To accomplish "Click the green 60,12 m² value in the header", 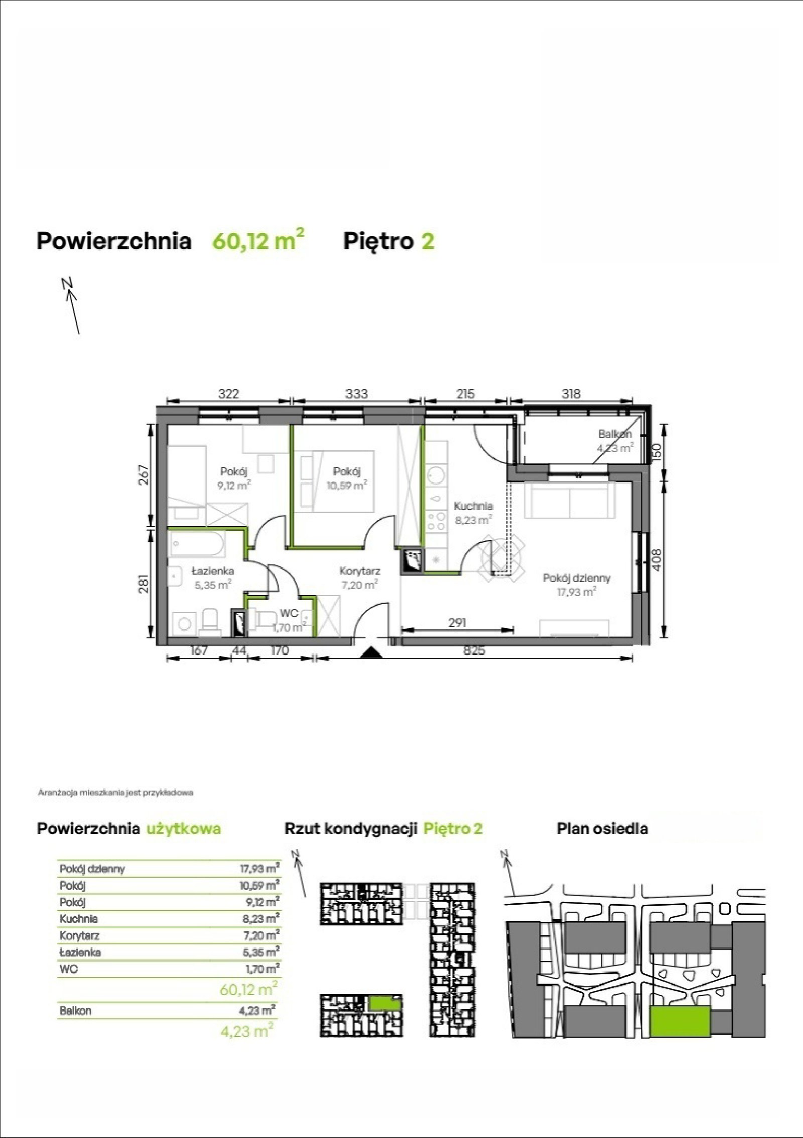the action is (x=258, y=240).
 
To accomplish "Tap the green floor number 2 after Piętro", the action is (x=428, y=241).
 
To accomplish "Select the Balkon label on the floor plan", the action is (x=614, y=434).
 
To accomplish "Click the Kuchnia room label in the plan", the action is (x=473, y=506).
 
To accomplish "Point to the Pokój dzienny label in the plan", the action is (x=577, y=578).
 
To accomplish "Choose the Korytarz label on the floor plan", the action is (x=359, y=571).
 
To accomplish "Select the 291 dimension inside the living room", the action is (x=458, y=623).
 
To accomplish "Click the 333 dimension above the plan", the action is (x=356, y=394).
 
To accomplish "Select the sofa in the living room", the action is (x=570, y=501).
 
